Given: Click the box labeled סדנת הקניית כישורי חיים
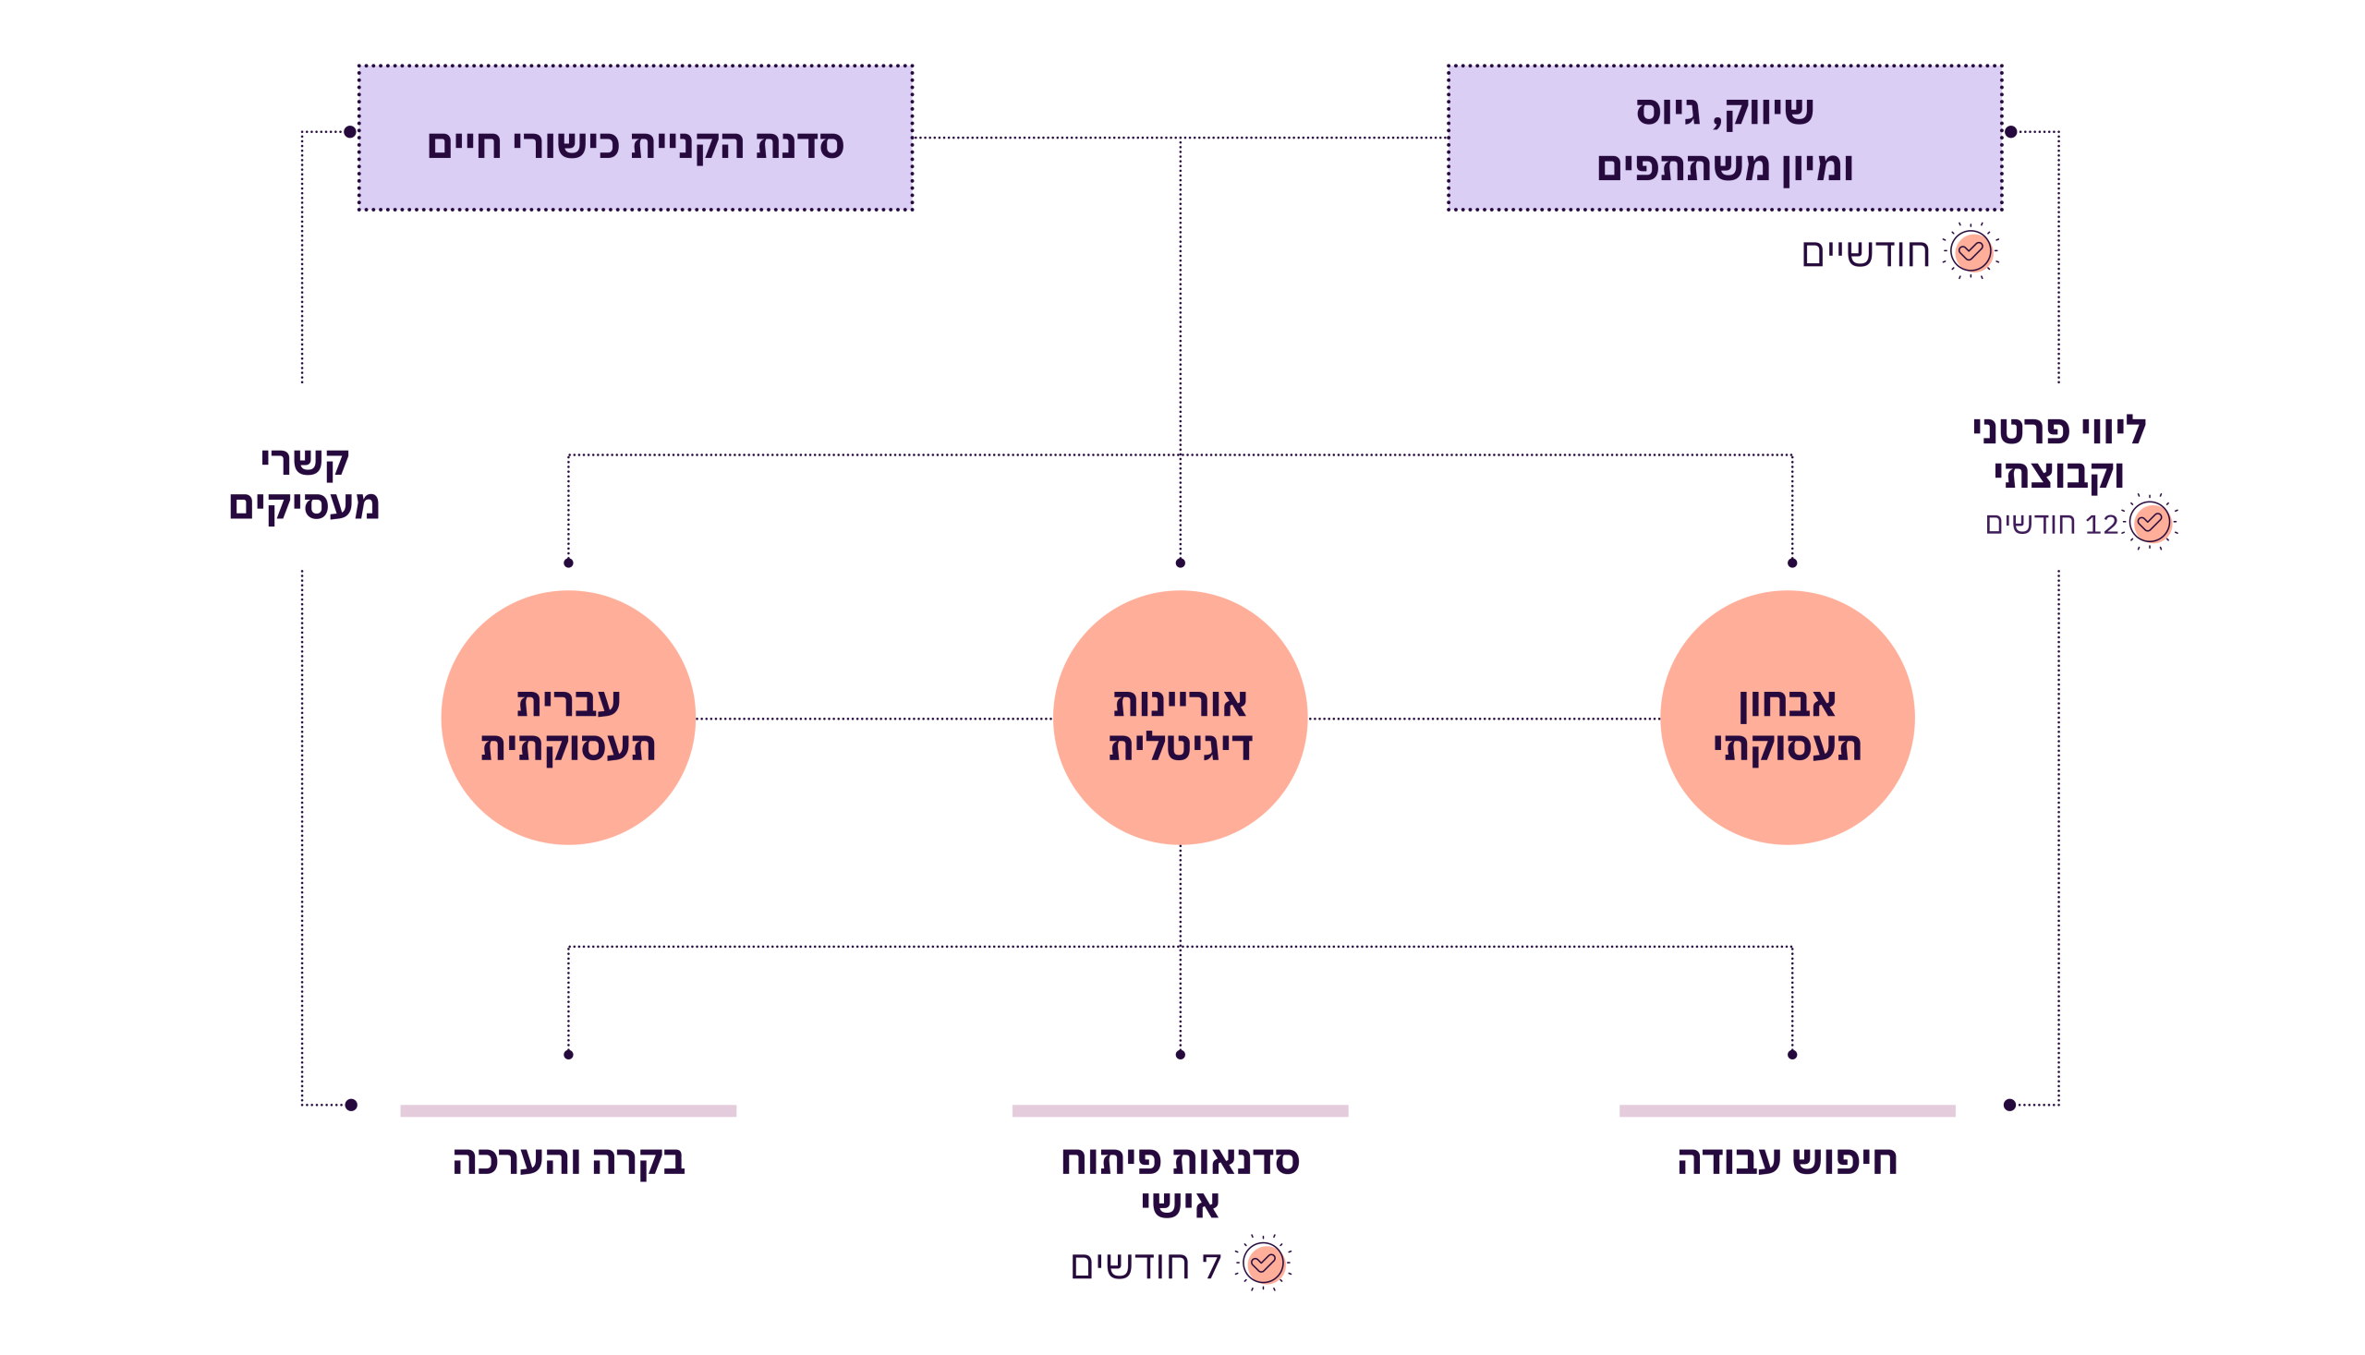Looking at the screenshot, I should [635, 138].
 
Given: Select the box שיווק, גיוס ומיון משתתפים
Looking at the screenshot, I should [1724, 138].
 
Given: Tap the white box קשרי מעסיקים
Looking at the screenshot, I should [304, 477].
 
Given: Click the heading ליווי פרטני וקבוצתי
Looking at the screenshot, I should [2058, 453].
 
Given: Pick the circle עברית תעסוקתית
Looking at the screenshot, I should [568, 718].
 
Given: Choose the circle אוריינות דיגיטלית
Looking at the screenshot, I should [1179, 718].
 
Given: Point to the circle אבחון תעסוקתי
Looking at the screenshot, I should [1786, 718].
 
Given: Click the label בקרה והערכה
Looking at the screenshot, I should [568, 1160].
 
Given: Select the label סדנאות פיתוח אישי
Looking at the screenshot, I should [1179, 1180].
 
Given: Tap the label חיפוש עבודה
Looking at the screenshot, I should [1786, 1160].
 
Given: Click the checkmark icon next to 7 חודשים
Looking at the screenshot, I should [1264, 1264].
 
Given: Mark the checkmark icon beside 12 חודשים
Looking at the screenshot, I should [2149, 522].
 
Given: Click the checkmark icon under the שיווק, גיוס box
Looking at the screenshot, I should [1971, 251].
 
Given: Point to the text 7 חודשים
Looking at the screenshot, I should [1146, 1265].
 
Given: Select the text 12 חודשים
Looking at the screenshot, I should [2051, 524].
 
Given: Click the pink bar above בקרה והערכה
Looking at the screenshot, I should [568, 1110].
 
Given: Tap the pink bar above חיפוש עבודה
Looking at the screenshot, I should [1787, 1110].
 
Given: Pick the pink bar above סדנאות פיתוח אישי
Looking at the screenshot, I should [1179, 1110].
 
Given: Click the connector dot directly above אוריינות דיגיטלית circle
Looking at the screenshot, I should [1180, 563].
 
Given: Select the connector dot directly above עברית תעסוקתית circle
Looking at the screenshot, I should [569, 563].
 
